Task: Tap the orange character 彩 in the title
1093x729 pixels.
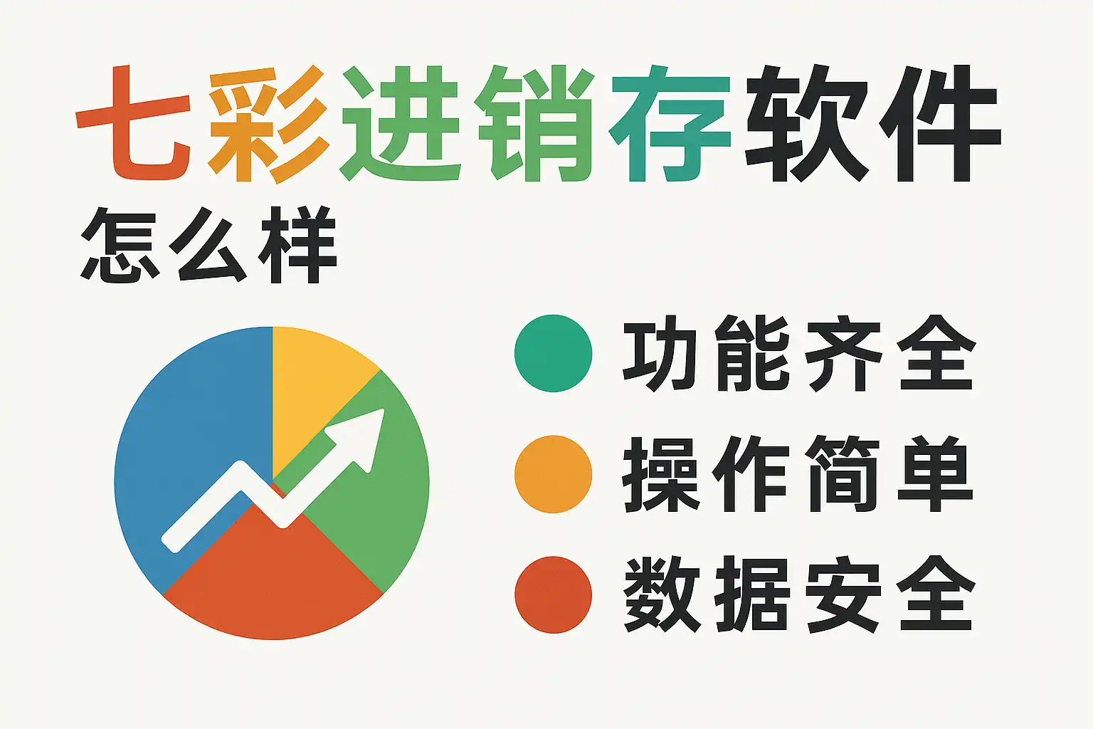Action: (x=268, y=124)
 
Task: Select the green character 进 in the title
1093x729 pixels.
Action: (x=400, y=123)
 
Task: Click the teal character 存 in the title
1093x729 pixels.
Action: (x=670, y=123)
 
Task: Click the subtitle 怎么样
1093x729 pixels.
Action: (x=208, y=245)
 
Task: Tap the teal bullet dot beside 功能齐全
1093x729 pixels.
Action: (x=554, y=353)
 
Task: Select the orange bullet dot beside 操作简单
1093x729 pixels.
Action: (x=554, y=474)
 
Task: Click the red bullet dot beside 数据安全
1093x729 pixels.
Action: (x=554, y=594)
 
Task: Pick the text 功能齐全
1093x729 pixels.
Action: (x=799, y=353)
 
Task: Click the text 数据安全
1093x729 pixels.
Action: (x=799, y=594)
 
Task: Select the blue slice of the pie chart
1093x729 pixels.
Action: (x=195, y=439)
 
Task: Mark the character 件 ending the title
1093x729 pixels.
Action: (x=940, y=123)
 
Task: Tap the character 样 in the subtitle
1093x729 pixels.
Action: (x=298, y=245)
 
